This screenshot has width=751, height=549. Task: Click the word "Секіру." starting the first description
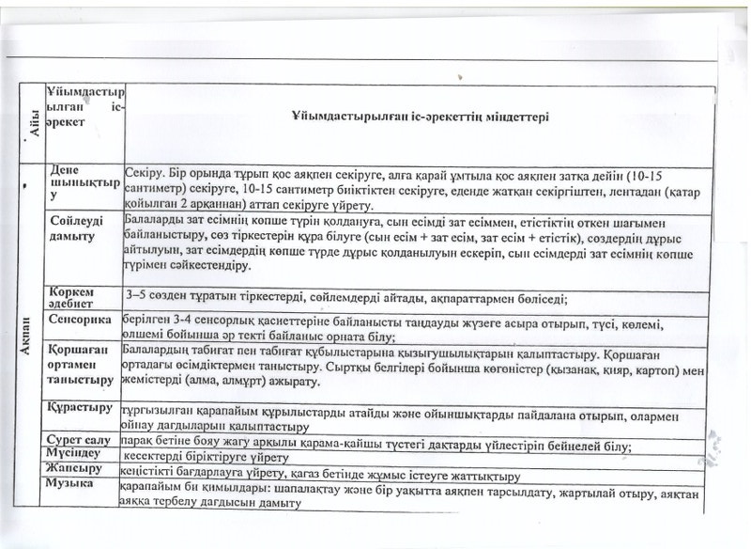[x=144, y=173]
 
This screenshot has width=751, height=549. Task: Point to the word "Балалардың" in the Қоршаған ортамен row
[x=154, y=351]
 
